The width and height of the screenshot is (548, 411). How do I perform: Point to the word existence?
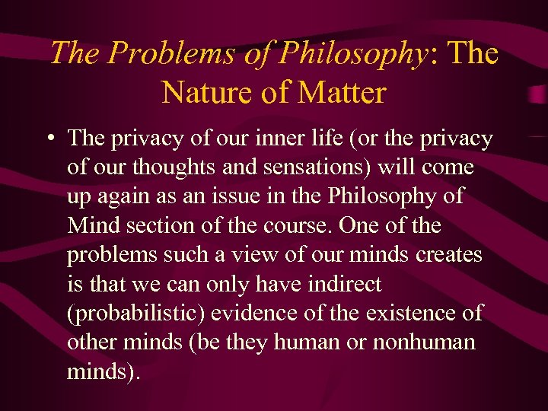420,313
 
